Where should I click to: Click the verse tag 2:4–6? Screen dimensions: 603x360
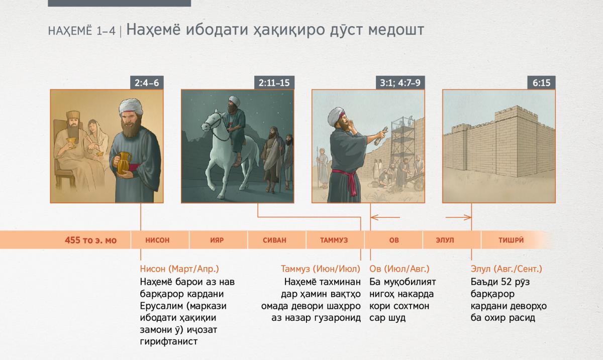(x=147, y=83)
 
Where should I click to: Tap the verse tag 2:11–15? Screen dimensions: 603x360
(x=274, y=83)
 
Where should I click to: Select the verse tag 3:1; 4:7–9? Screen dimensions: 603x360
(x=400, y=83)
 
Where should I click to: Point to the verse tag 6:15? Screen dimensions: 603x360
(x=541, y=83)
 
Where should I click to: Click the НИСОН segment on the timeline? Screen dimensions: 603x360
(x=157, y=240)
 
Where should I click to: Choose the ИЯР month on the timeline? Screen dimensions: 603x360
(x=217, y=240)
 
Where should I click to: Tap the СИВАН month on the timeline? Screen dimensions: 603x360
(x=274, y=240)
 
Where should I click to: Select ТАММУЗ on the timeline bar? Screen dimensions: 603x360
(x=334, y=240)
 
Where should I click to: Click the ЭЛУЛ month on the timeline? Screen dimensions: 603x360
(x=445, y=240)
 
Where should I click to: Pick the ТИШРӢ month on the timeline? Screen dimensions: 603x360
(x=511, y=240)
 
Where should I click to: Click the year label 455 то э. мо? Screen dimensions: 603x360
(x=91, y=240)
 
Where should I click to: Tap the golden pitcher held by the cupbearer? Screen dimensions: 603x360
(x=124, y=163)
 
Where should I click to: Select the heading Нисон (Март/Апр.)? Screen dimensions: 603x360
(x=179, y=269)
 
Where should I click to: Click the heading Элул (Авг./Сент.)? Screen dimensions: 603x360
(x=507, y=269)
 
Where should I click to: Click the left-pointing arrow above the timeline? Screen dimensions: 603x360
(x=385, y=217)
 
